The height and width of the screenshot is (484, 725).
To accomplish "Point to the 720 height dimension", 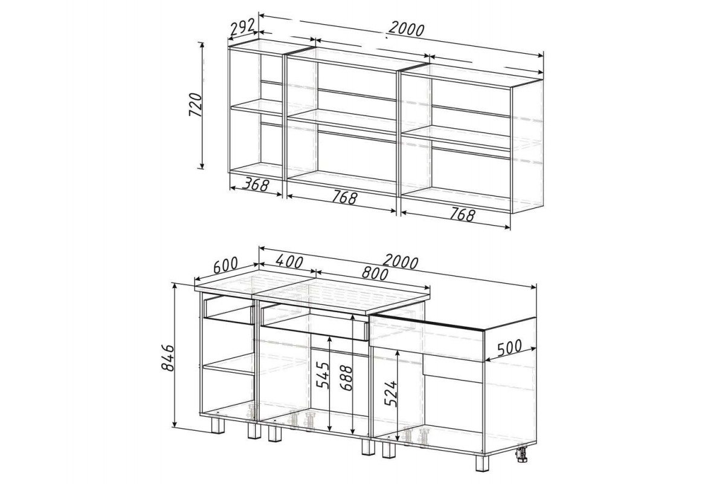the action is pyautogui.click(x=195, y=105).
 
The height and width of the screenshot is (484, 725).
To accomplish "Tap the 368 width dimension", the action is pyautogui.click(x=256, y=185).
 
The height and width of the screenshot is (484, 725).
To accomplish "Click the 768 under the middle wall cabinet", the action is pyautogui.click(x=344, y=198).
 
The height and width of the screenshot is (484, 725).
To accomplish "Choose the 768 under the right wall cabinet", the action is pyautogui.click(x=462, y=215).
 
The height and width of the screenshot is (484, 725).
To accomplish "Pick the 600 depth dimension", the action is pyautogui.click(x=225, y=264).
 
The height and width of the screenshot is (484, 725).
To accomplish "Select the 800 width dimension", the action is pyautogui.click(x=375, y=273).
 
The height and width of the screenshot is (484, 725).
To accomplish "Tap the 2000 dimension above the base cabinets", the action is pyautogui.click(x=401, y=262).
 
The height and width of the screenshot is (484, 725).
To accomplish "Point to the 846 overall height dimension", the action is pyautogui.click(x=168, y=358).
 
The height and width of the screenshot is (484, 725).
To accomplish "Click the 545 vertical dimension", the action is pyautogui.click(x=323, y=375).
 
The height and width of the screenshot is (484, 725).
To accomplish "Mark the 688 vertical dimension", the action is pyautogui.click(x=346, y=378).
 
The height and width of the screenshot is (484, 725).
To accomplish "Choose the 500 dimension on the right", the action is pyautogui.click(x=509, y=347).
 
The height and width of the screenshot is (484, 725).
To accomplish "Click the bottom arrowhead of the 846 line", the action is pyautogui.click(x=175, y=423).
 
